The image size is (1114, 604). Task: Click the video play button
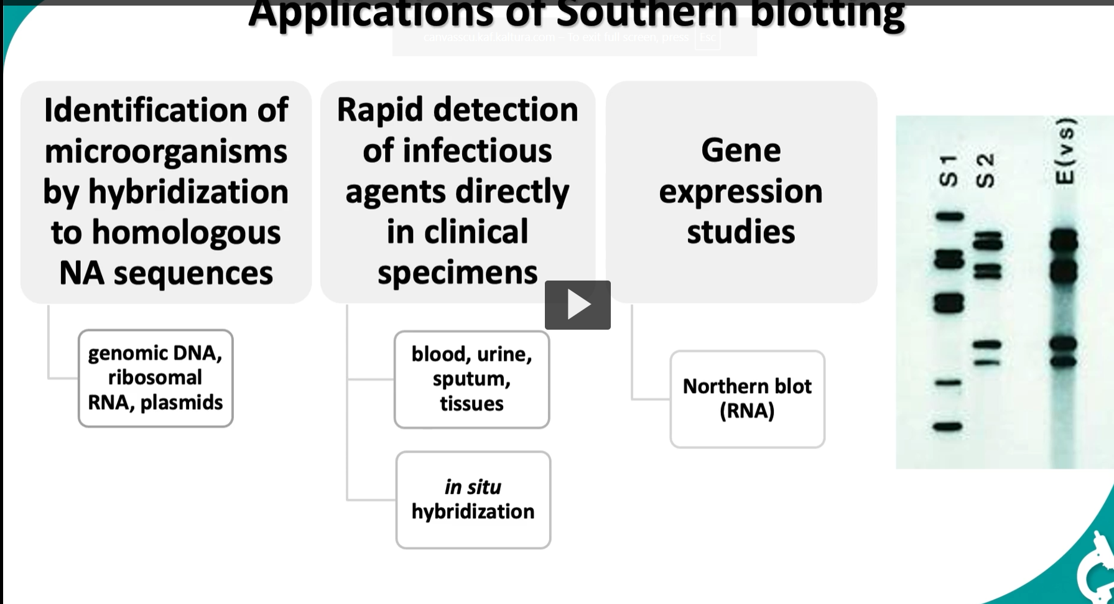click(577, 305)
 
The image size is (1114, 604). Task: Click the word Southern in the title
click(647, 12)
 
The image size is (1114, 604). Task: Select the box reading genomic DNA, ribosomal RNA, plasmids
click(155, 378)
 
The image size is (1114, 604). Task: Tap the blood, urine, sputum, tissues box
click(471, 379)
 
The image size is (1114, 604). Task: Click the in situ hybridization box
click(473, 499)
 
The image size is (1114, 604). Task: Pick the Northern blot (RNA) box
click(747, 399)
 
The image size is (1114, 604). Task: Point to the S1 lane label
click(948, 171)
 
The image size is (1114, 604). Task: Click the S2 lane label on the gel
click(985, 171)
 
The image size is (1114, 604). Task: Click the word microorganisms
click(166, 151)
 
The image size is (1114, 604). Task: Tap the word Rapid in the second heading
click(379, 110)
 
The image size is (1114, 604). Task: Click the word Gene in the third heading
click(740, 151)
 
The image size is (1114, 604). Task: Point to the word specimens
click(457, 272)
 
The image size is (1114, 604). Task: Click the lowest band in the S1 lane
click(948, 427)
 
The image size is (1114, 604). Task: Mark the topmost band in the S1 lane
click(949, 216)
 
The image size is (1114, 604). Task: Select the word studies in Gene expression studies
click(740, 232)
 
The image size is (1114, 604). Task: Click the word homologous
click(186, 233)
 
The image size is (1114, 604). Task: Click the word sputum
click(471, 379)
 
